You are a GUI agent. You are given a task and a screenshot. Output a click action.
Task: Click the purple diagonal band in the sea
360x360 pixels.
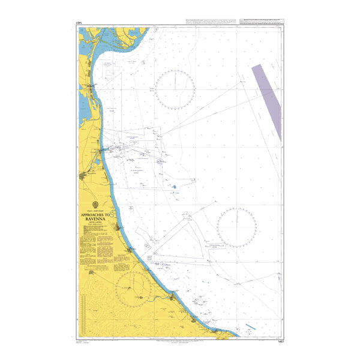click(x=266, y=102)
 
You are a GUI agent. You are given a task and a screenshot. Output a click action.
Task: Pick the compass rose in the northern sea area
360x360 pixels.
click(x=175, y=89)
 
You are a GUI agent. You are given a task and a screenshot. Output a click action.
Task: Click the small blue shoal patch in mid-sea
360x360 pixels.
click(x=174, y=187)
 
